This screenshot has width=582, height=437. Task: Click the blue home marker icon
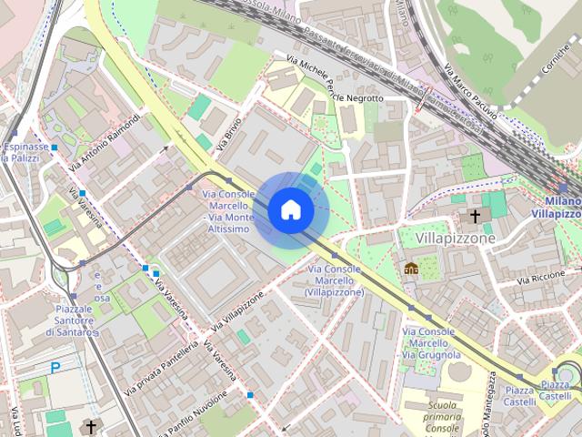pos(290,210)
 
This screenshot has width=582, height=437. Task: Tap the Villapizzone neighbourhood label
pos(456,239)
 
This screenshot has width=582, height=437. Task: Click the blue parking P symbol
pos(55,368)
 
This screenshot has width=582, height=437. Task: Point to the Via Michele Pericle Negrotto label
pos(335,79)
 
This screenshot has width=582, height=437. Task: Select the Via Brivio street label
pos(229,134)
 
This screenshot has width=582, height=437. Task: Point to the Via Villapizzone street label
pos(237,312)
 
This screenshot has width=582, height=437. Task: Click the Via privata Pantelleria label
pos(162,368)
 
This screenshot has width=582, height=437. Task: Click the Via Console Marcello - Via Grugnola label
pos(428,342)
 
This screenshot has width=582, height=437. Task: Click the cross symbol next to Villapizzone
pos(474,217)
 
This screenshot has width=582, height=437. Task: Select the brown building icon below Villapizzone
pos(411,269)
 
